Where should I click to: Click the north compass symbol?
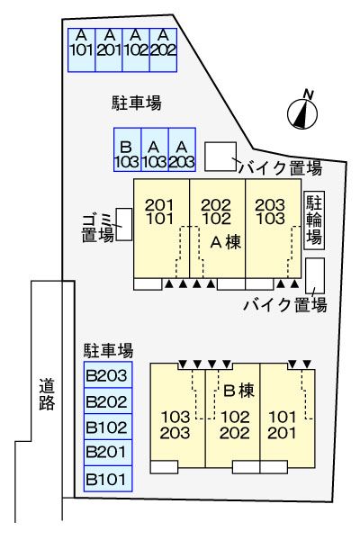pos(304,112)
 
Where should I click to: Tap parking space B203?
pos(107,376)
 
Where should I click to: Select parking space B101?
pos(107,478)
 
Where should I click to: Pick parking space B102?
pos(107,427)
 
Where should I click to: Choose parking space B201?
pos(107,453)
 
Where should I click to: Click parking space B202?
pos(107,402)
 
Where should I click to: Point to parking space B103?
pos(127,154)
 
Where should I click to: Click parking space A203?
pos(182,154)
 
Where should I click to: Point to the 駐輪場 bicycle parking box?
pos(314,220)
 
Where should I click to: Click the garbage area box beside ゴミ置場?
pos(124,224)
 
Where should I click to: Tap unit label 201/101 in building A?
pos(159,211)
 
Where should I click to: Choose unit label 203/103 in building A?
pos(271,211)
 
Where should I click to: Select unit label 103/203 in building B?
pos(175,425)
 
